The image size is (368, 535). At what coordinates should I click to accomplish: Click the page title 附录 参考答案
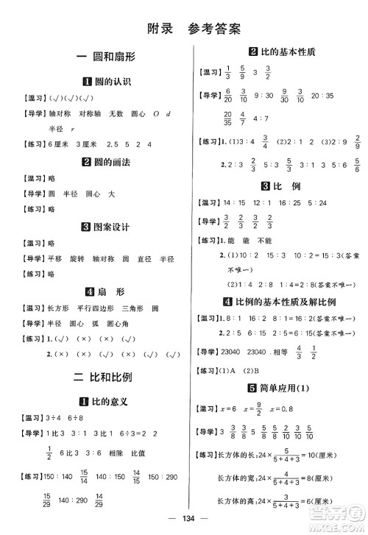click(x=183, y=29)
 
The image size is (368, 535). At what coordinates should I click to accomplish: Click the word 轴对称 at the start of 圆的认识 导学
click(x=60, y=114)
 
